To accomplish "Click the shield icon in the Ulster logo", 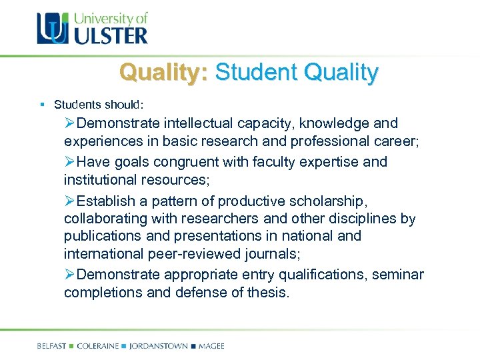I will tap(52, 29).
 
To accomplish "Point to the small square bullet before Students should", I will tap(42, 105).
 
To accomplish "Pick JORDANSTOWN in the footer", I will tap(157, 346).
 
